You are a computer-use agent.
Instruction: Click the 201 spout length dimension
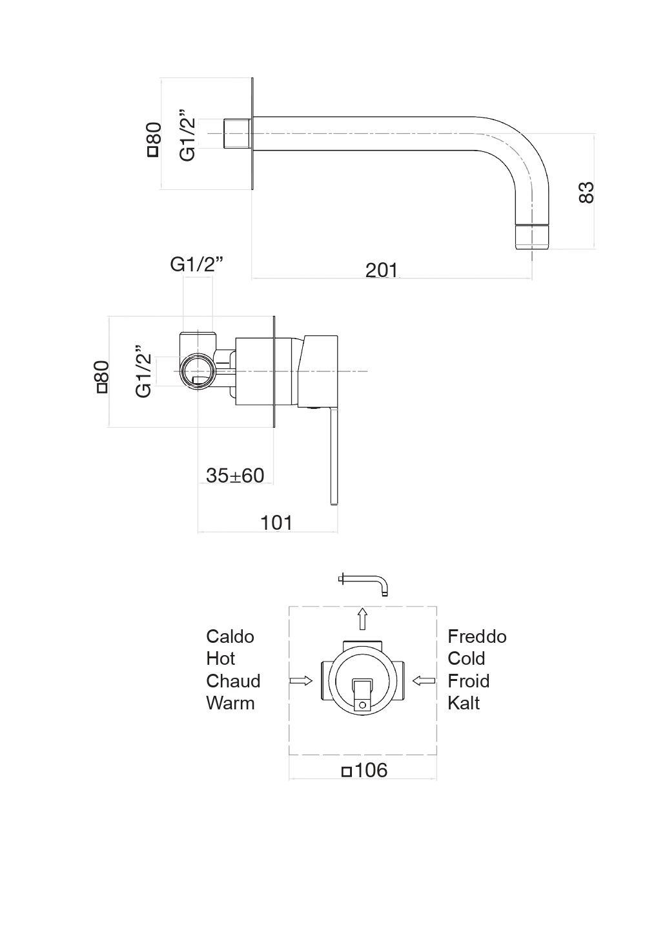click(382, 269)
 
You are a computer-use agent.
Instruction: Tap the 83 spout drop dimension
click(585, 193)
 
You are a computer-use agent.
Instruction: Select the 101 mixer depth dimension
click(276, 522)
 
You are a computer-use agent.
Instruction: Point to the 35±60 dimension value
click(235, 475)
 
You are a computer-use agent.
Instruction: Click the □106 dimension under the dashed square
click(364, 770)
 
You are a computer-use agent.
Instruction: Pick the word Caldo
click(230, 636)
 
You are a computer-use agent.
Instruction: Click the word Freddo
click(477, 636)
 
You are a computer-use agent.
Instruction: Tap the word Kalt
click(463, 703)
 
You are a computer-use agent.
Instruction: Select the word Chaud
click(233, 681)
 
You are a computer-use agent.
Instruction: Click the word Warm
click(230, 703)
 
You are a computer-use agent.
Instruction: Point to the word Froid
click(468, 681)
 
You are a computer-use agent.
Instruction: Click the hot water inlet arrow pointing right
click(301, 681)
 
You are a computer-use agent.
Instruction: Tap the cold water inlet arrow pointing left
click(424, 680)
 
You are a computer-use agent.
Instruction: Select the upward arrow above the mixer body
click(363, 618)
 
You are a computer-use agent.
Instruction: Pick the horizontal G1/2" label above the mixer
click(197, 264)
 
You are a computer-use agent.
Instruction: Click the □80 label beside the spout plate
click(153, 140)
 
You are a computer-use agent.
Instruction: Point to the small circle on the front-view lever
click(362, 704)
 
